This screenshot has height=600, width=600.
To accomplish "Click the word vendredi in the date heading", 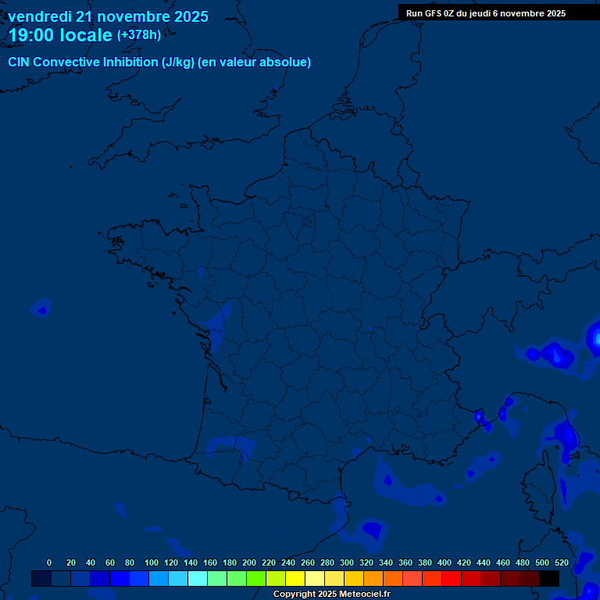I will pos(40,16).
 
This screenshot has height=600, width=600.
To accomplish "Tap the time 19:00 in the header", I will pos(31,35).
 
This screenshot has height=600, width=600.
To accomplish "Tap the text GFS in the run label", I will pos(436,13).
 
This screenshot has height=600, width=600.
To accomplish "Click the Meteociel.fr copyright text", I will pos(331,595).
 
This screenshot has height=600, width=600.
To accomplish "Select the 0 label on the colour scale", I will pos(49,562).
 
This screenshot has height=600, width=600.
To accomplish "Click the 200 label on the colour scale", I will pos(249,562).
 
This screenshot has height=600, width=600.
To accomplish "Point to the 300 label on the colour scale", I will pos(347,562).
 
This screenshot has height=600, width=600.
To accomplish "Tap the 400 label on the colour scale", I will pos(445,562).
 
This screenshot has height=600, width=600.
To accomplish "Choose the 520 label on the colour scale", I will pos(561,562).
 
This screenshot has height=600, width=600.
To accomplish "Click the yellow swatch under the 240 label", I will pos(295,578).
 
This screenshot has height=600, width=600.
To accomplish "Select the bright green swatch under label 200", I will pos(256,578).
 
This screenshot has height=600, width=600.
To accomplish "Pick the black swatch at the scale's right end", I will pos(549,578).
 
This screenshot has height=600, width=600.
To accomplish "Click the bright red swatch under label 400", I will pos(452,578).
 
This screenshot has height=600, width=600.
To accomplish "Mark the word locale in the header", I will pos(86,35).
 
